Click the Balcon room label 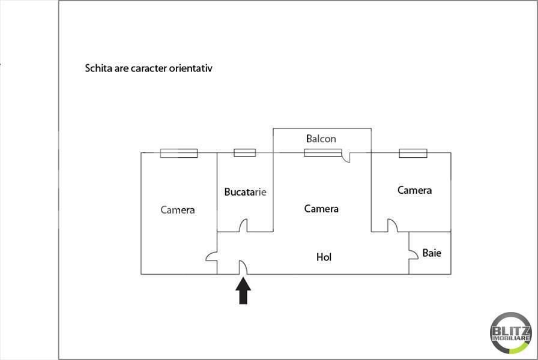(x=321, y=139)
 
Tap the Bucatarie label (x=245, y=192)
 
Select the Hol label (x=324, y=257)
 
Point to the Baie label (x=432, y=253)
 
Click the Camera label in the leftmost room (x=177, y=210)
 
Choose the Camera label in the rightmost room (x=414, y=190)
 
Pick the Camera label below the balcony (x=321, y=209)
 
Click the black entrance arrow (x=243, y=291)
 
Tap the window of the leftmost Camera (x=179, y=153)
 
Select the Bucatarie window (x=244, y=152)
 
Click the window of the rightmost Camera (x=413, y=153)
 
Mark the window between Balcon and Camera (x=323, y=152)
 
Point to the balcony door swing (x=346, y=157)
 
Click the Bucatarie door (x=243, y=226)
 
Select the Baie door (x=414, y=254)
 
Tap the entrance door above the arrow (x=243, y=268)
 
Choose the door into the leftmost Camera (x=212, y=256)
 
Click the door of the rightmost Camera (x=393, y=226)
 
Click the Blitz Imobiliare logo (x=510, y=333)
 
